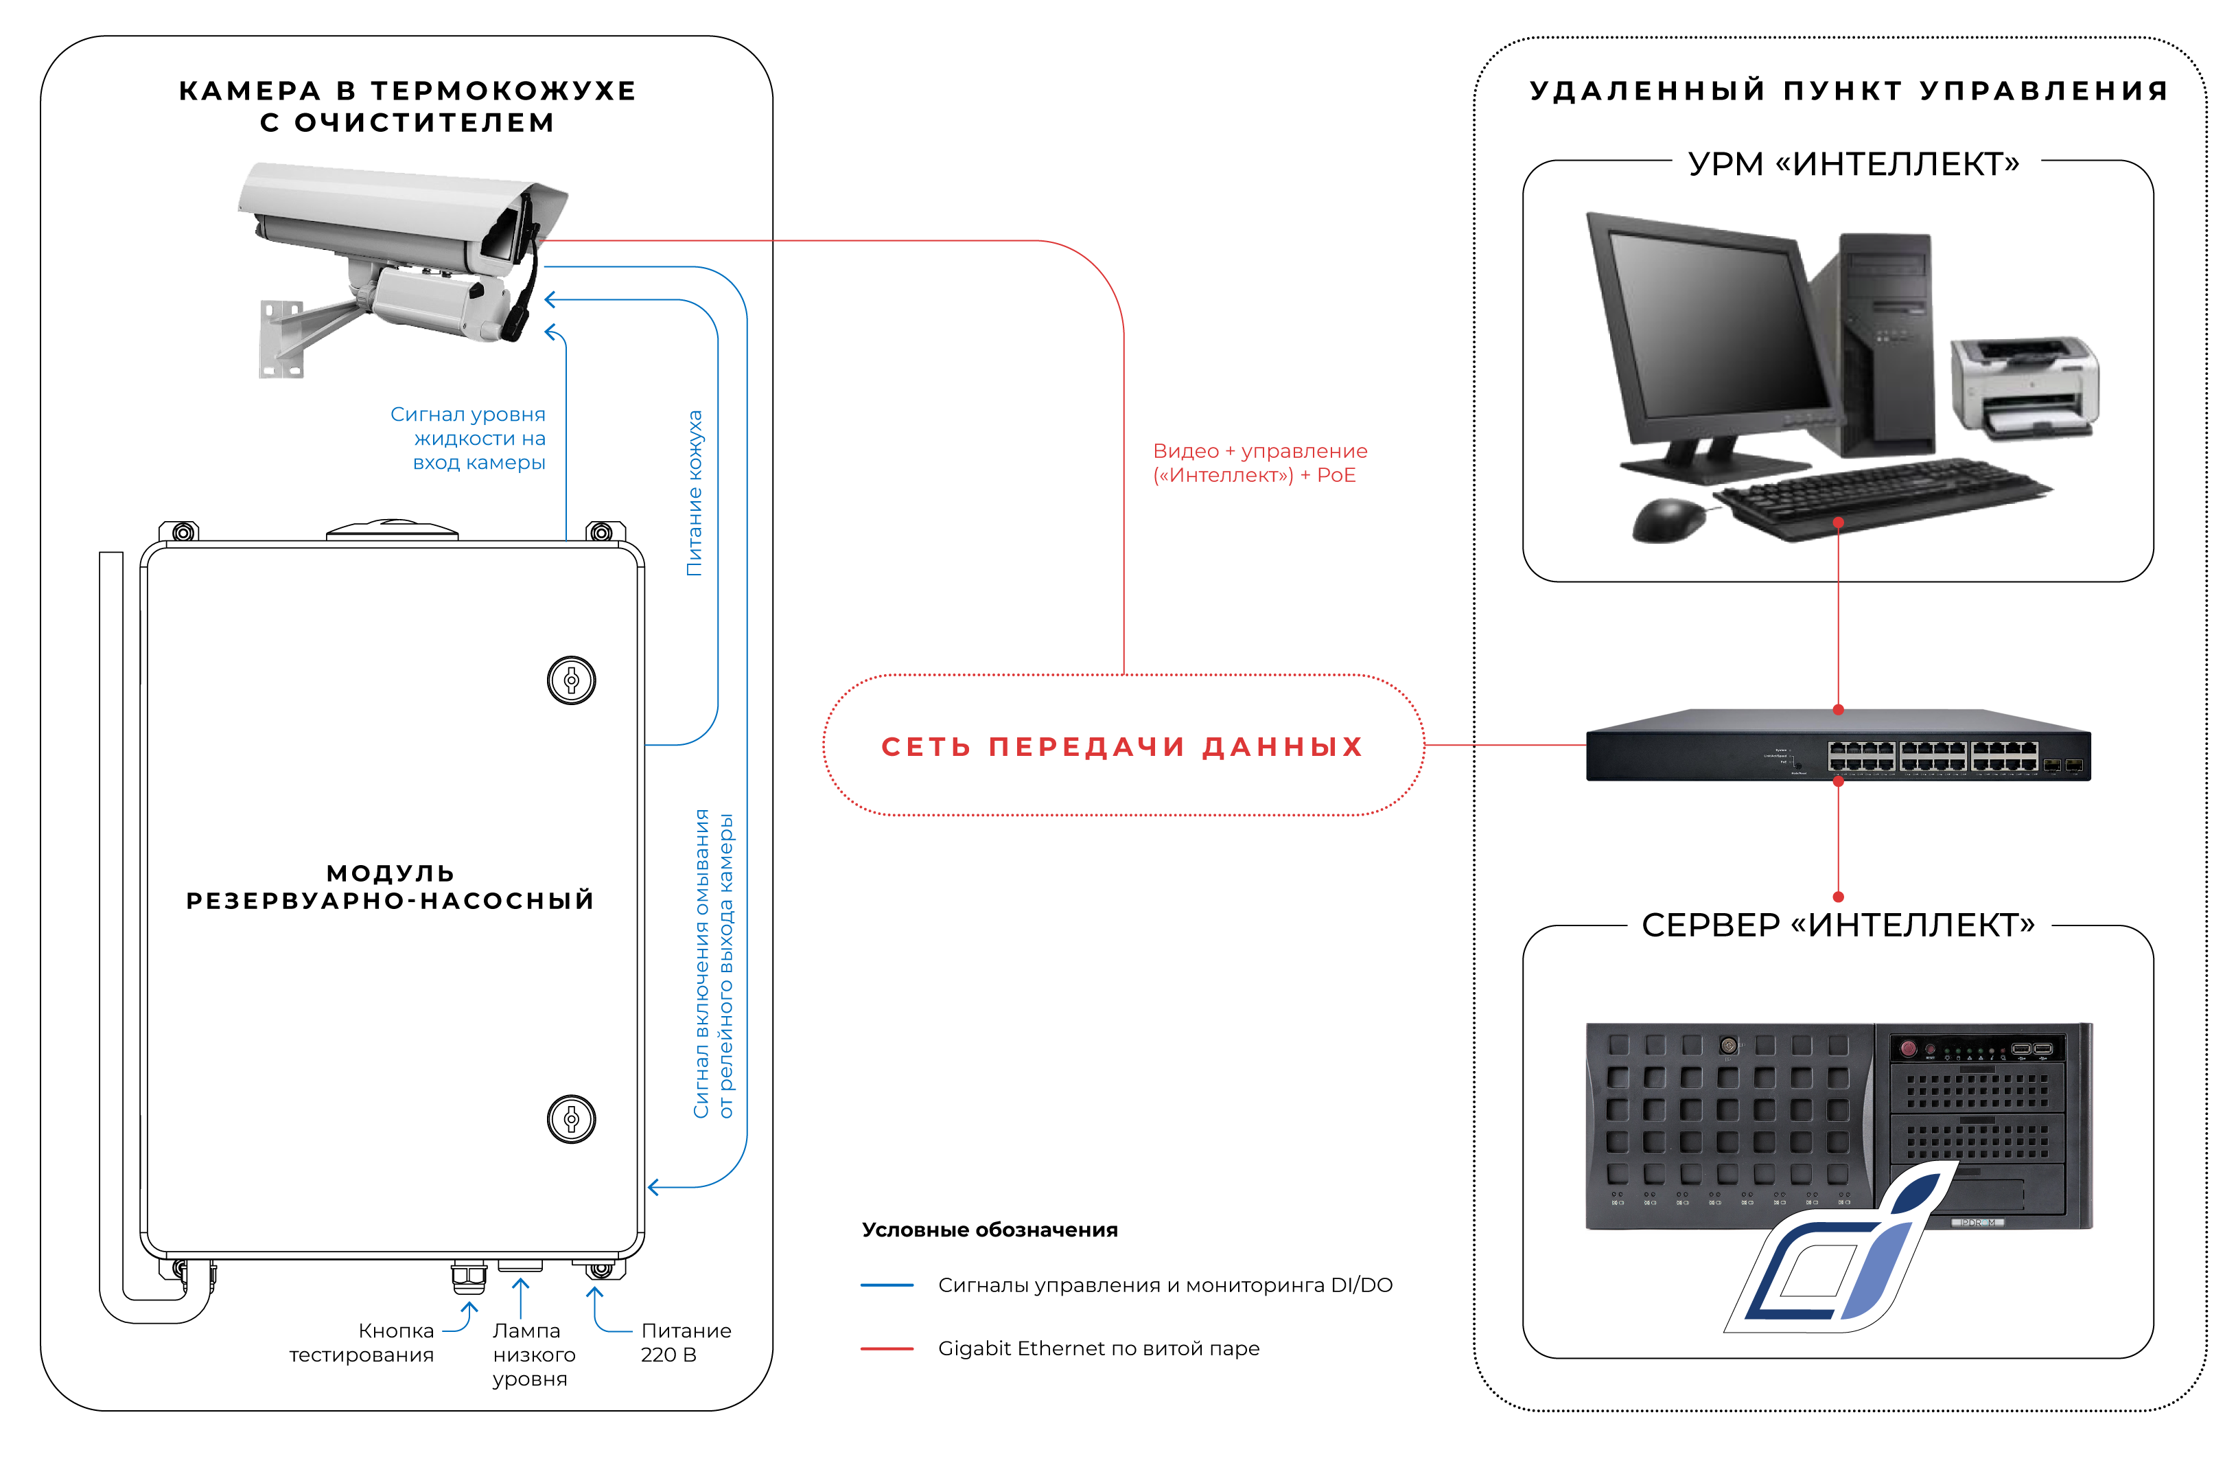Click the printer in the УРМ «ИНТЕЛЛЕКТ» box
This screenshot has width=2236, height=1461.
(x=2025, y=388)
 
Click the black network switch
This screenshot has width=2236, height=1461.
(x=1839, y=745)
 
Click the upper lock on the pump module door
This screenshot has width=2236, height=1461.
(x=571, y=680)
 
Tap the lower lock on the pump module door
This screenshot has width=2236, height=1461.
(x=571, y=1119)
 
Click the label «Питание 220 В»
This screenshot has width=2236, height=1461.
(x=686, y=1343)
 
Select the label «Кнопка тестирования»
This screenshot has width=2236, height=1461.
(x=362, y=1343)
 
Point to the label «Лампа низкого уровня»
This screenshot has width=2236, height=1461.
(x=534, y=1355)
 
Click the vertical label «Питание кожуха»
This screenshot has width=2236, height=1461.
(x=695, y=493)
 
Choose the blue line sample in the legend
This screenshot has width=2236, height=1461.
(x=887, y=1285)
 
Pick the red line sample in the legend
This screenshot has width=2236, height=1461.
(x=887, y=1348)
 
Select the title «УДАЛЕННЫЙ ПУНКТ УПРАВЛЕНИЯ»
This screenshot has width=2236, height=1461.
(x=1849, y=91)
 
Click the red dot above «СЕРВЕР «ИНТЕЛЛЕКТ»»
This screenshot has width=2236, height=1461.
(x=1839, y=897)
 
